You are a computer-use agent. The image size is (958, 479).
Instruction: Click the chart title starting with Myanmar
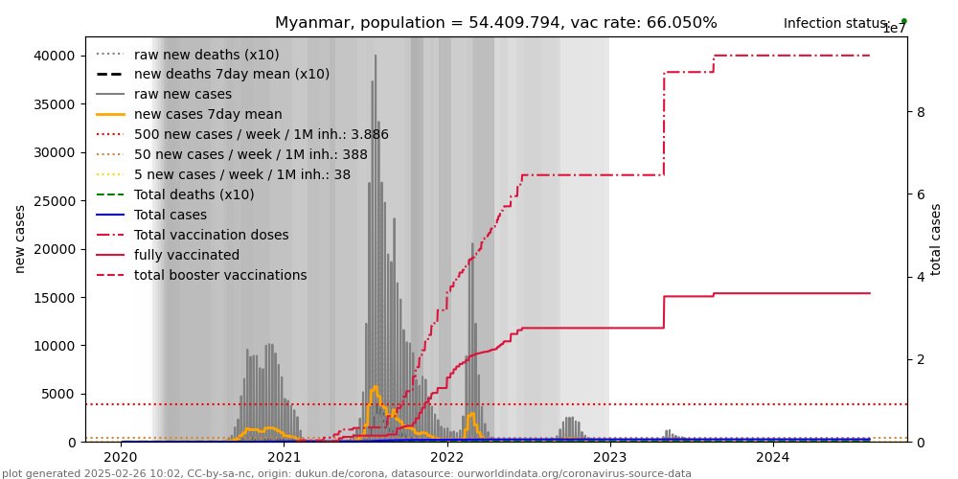pyautogui.click(x=495, y=23)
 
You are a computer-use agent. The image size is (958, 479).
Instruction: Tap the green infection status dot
pyautogui.click(x=903, y=21)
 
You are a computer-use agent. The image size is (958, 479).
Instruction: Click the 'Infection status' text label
pyautogui.click(x=836, y=24)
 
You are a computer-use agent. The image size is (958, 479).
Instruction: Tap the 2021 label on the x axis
pyautogui.click(x=285, y=458)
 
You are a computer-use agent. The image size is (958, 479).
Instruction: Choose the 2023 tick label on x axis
pyautogui.click(x=610, y=458)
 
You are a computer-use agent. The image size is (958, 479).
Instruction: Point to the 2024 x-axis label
pyautogui.click(x=773, y=458)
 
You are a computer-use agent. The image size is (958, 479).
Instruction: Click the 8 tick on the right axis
pyautogui.click(x=921, y=112)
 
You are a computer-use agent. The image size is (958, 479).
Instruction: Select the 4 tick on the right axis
pyautogui.click(x=921, y=277)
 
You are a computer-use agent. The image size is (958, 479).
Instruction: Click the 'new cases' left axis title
pyautogui.click(x=20, y=239)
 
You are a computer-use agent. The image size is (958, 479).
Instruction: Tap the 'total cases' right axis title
pyautogui.click(x=936, y=239)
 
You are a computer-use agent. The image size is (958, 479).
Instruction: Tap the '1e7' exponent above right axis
pyautogui.click(x=894, y=29)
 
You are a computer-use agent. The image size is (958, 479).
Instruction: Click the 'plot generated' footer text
pyautogui.click(x=346, y=473)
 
